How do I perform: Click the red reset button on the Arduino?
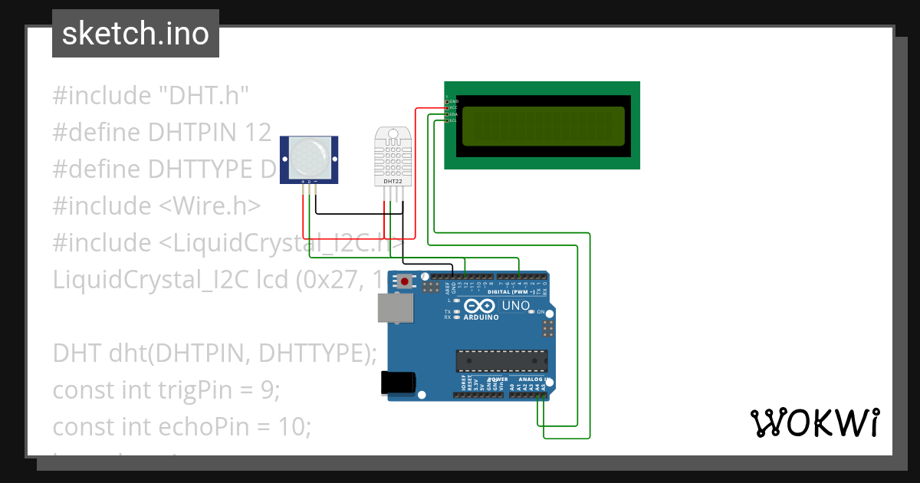(404, 282)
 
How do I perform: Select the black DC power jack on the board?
(398, 383)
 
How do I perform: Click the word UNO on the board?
(515, 306)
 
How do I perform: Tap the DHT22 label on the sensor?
(392, 182)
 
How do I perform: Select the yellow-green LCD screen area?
(544, 125)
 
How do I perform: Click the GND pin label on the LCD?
(453, 101)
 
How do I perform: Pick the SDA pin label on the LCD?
(453, 114)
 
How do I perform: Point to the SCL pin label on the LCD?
(453, 120)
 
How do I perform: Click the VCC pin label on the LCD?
(453, 107)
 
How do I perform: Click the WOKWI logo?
(814, 422)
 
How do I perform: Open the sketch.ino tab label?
(136, 34)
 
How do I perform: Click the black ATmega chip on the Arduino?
(502, 360)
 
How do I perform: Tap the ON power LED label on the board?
(540, 312)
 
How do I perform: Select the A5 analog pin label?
(544, 387)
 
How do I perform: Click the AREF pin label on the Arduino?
(445, 289)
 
